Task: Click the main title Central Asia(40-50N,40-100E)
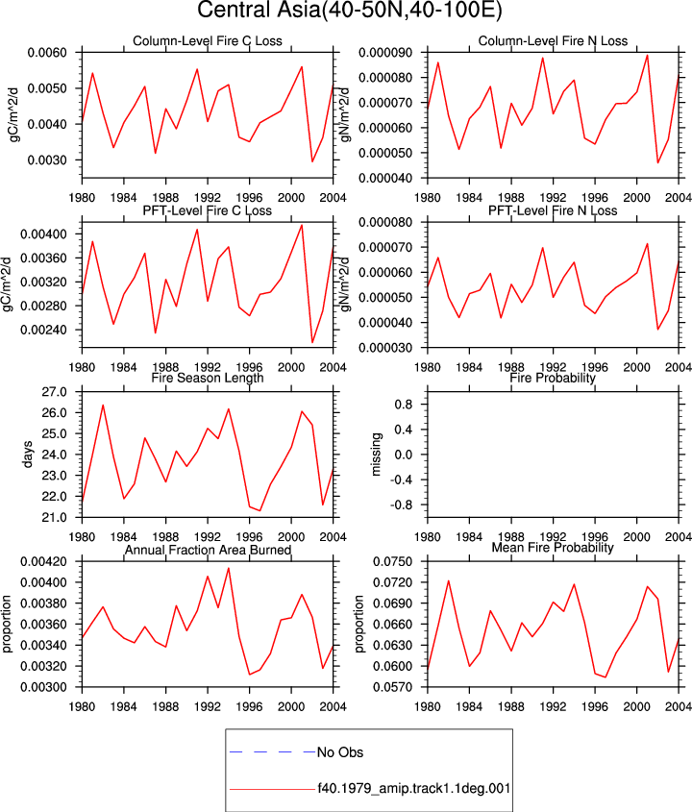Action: (x=350, y=10)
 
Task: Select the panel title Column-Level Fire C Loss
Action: (x=208, y=41)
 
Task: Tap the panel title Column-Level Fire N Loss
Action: (x=553, y=41)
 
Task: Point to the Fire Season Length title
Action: (x=208, y=378)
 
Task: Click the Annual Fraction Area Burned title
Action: (x=208, y=550)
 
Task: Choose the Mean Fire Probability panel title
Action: (x=553, y=548)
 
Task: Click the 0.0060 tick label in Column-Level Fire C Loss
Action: (x=47, y=53)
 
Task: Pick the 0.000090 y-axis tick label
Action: (x=385, y=53)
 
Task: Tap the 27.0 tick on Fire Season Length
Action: (x=55, y=392)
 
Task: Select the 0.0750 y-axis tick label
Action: (x=393, y=562)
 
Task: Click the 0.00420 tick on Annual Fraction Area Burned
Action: (x=43, y=562)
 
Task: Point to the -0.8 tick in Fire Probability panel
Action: (x=402, y=504)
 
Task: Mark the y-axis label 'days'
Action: (x=28, y=455)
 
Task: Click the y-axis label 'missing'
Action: (x=376, y=455)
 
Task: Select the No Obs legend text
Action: (x=340, y=752)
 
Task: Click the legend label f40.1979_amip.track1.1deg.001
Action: (x=414, y=789)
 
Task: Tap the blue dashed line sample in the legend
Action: (x=272, y=751)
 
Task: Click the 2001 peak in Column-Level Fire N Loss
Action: (x=647, y=56)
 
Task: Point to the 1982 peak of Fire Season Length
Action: (x=103, y=405)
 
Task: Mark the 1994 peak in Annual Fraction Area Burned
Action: (x=229, y=568)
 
